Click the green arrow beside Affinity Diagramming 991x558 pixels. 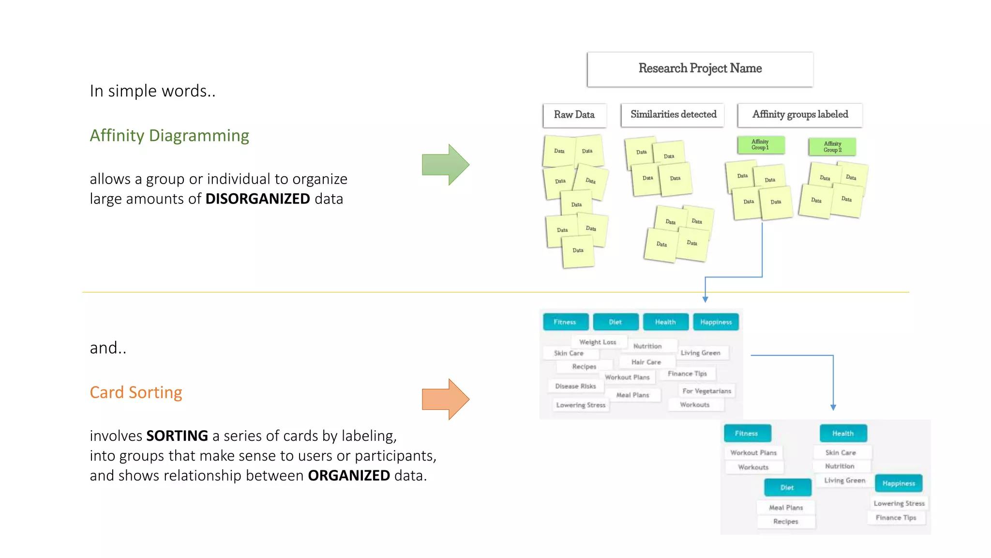(x=444, y=165)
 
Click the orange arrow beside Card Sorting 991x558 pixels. (x=444, y=399)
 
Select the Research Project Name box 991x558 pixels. (x=700, y=69)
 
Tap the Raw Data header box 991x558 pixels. (x=574, y=115)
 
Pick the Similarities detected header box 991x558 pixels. (x=673, y=115)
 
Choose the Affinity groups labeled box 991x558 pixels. (x=799, y=115)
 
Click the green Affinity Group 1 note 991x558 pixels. (x=760, y=145)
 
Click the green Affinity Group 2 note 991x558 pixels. (x=832, y=147)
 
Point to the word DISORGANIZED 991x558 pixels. (x=257, y=199)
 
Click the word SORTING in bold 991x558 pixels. (x=177, y=436)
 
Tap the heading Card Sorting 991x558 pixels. (x=136, y=392)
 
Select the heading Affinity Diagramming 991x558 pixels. (x=169, y=136)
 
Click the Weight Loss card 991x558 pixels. (x=598, y=342)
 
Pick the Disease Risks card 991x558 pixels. (x=575, y=386)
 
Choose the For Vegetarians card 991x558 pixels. (x=706, y=391)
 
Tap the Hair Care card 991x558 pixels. (x=646, y=362)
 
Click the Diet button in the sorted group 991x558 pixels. (x=787, y=488)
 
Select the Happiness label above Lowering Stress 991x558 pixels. (x=899, y=483)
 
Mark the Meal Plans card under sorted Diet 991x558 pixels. (x=786, y=508)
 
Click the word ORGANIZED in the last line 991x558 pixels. (x=349, y=476)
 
